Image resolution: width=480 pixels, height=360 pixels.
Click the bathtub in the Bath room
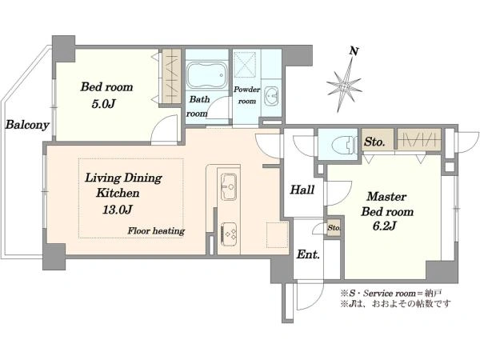coord(206,76)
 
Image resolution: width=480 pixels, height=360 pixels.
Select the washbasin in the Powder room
coord(271,97)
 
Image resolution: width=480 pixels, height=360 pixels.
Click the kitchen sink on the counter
coord(228,186)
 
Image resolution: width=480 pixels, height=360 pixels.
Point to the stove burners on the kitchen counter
coord(228,234)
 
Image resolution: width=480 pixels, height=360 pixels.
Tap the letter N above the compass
coord(354,51)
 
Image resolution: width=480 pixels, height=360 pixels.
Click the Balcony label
coord(27,125)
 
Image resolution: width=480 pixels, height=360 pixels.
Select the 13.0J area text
coord(118,210)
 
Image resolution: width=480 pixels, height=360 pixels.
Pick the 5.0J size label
coord(103,104)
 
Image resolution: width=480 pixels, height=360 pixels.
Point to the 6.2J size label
coord(385,226)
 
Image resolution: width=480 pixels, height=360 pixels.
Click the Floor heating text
coord(156,231)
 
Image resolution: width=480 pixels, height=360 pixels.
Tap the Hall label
coord(302,190)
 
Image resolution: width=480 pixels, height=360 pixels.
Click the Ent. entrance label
coord(308,254)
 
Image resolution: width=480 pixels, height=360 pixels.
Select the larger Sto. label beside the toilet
coord(374,142)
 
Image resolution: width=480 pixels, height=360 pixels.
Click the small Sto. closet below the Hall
coord(334,228)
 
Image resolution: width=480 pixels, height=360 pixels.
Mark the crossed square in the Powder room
coord(245,65)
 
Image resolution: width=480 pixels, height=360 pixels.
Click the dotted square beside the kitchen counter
coord(277,235)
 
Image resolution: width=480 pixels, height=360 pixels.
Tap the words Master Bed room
coord(387,204)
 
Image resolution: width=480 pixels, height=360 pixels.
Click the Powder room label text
coord(246,95)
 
